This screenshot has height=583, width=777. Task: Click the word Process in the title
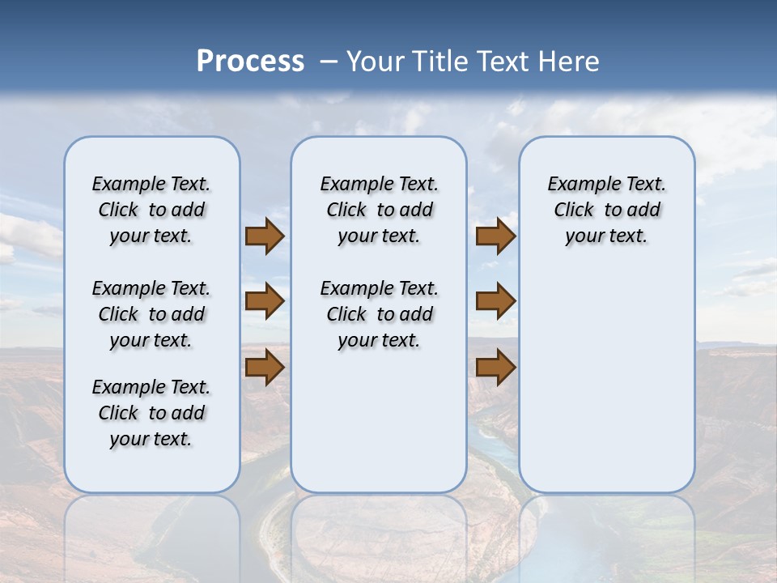coord(250,61)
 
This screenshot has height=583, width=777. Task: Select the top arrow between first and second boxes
coord(264,236)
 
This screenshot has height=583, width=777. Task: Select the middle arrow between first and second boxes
coord(264,301)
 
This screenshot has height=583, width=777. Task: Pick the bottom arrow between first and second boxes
coord(264,367)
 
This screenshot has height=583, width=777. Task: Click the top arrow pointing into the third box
coord(495,236)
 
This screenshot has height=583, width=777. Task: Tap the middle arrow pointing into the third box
coord(495,301)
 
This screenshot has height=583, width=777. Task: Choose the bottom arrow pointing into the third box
coord(495,367)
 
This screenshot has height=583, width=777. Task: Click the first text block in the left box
coord(151,210)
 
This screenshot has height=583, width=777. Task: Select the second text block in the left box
coord(151,314)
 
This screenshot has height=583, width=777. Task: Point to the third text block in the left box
coord(151,413)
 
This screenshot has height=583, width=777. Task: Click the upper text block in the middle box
coord(379,210)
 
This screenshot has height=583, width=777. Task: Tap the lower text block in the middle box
coord(379,314)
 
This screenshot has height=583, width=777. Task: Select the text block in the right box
coord(606,210)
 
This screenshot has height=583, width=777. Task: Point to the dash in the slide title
coord(329,62)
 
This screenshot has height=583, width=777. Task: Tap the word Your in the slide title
coord(376,62)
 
